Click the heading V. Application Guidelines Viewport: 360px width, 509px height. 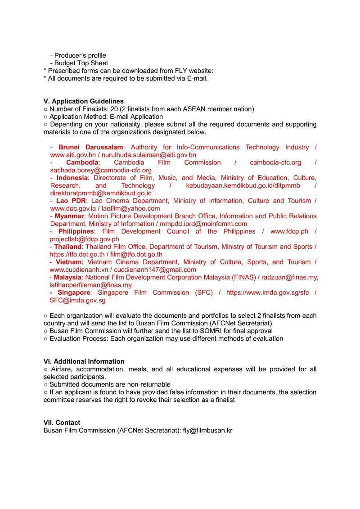pyautogui.click(x=84, y=101)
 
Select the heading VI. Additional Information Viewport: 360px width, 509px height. pyautogui.click(x=84, y=361)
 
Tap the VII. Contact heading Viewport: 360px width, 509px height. pyautogui.click(x=62, y=423)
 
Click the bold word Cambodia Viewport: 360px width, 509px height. pyautogui.click(x=82, y=162)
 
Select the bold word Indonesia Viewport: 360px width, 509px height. pyautogui.click(x=72, y=178)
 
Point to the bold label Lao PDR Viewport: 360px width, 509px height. pyautogui.click(x=71, y=201)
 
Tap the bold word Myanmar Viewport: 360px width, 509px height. pyautogui.click(x=70, y=216)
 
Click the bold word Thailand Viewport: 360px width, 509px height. pyautogui.click(x=68, y=247)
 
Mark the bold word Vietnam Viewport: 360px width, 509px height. pyautogui.click(x=69, y=262)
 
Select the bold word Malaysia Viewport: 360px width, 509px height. pyautogui.click(x=68, y=277)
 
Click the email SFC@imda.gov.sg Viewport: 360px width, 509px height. pyautogui.click(x=77, y=300)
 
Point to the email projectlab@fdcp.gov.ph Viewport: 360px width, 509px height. pyautogui.click(x=84, y=239)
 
